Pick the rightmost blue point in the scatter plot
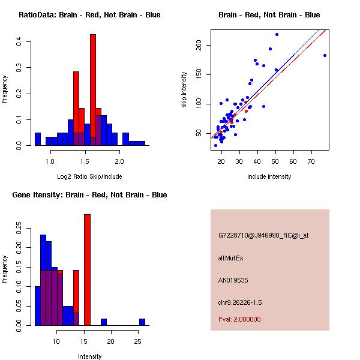click(325, 55)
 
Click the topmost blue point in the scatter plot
click(277, 34)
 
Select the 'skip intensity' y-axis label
click(184, 89)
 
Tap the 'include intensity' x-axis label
click(269, 176)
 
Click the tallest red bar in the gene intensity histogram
click(87, 269)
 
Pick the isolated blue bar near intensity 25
click(142, 322)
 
